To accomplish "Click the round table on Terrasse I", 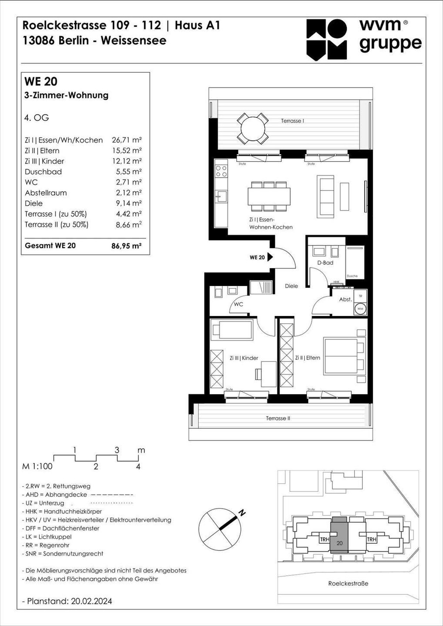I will pyautogui.click(x=253, y=128).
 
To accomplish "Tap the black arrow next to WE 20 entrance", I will pyautogui.click(x=270, y=257).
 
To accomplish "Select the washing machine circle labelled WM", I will pyautogui.click(x=360, y=309).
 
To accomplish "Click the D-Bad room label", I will pyautogui.click(x=325, y=263).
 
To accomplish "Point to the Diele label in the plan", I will pyautogui.click(x=291, y=286).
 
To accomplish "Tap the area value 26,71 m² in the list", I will pyautogui.click(x=127, y=140).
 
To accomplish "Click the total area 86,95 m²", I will pyautogui.click(x=126, y=246).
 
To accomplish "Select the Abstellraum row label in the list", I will pyautogui.click(x=46, y=193).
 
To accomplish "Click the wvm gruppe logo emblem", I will pyautogui.click(x=327, y=39).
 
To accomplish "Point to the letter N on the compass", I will pyautogui.click(x=242, y=512).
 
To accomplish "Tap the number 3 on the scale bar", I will pyautogui.click(x=117, y=450).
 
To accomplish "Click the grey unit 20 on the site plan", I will pyautogui.click(x=339, y=535).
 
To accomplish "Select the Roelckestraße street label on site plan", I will pyautogui.click(x=348, y=584).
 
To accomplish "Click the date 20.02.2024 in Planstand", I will pyautogui.click(x=92, y=601).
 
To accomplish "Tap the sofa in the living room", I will pyautogui.click(x=326, y=196).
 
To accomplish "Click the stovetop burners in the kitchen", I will pyautogui.click(x=221, y=171).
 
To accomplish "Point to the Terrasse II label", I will pyautogui.click(x=278, y=418).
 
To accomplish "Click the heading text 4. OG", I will pyautogui.click(x=37, y=118).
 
